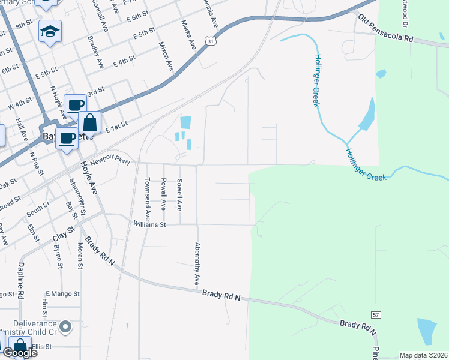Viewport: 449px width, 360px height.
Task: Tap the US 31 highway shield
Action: pyautogui.click(x=208, y=40)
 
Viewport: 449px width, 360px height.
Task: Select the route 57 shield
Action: pyautogui.click(x=375, y=314)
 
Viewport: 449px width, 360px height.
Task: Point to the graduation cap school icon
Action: pyautogui.click(x=50, y=31)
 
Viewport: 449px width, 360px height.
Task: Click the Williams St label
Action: pyautogui.click(x=149, y=224)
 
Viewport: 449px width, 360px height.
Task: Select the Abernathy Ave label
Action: pyautogui.click(x=196, y=264)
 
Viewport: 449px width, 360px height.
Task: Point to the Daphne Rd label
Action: pyautogui.click(x=20, y=281)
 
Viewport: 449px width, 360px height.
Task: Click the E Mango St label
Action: pyautogui.click(x=62, y=294)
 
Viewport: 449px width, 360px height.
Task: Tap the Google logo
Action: pyautogui.click(x=20, y=352)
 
